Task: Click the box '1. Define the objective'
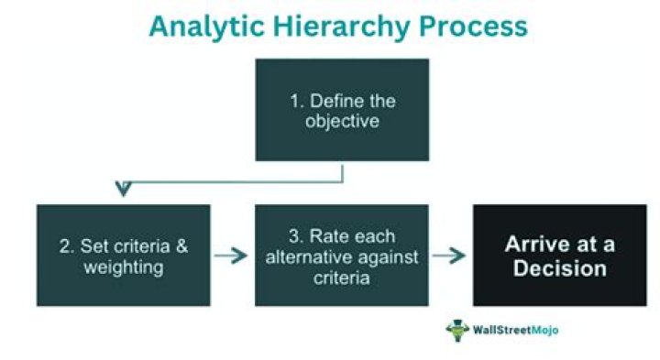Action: click(342, 109)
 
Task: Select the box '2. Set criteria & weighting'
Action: click(123, 255)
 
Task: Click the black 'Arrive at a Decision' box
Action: click(559, 255)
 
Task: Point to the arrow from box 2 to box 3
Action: click(232, 256)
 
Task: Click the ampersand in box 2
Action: click(181, 245)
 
